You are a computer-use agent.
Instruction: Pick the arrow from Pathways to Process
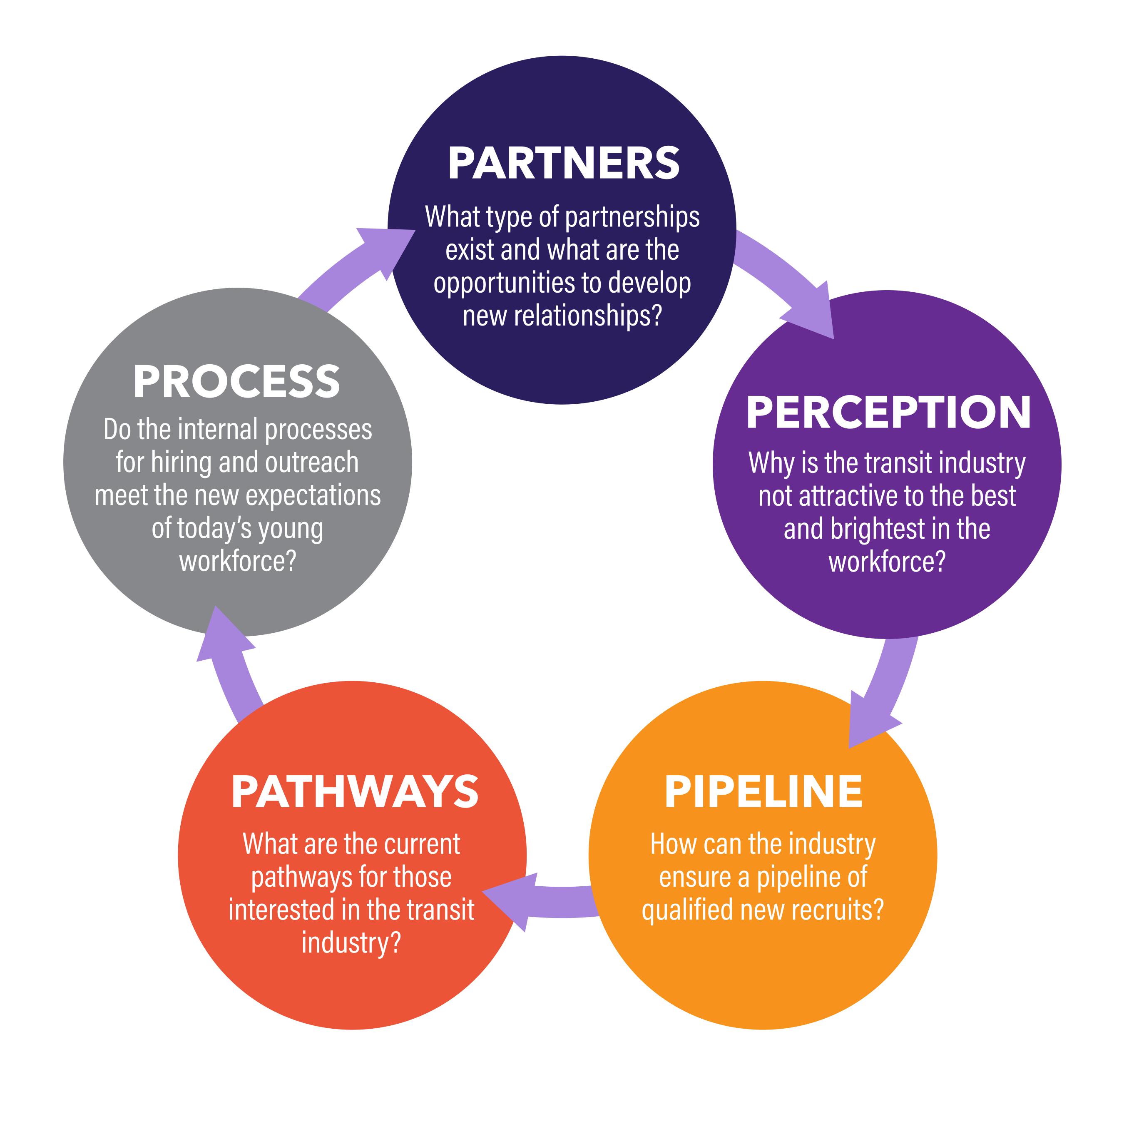click(229, 663)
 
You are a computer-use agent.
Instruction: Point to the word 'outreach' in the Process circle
click(312, 463)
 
